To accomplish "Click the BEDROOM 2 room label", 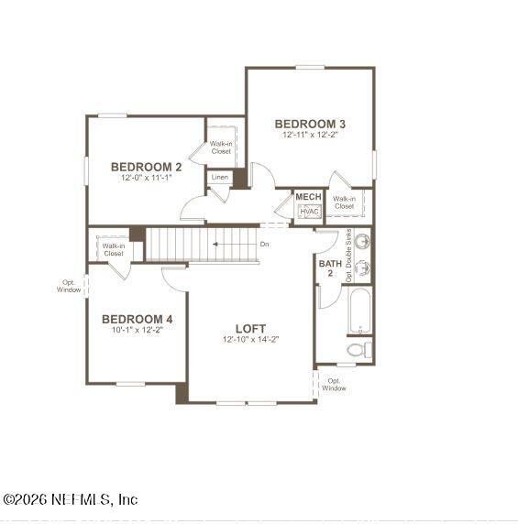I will [146, 167].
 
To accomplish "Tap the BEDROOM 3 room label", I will [310, 124].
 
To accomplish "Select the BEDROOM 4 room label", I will [136, 319].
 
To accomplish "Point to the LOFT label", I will [250, 328].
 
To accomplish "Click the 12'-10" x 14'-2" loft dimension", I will [250, 340].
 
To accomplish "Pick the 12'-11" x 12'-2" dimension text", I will [310, 135].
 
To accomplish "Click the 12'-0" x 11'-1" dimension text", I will [146, 178].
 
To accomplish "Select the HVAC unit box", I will [308, 212].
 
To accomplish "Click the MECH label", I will [308, 197].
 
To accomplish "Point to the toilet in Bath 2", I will [359, 350].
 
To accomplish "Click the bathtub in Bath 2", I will [359, 311].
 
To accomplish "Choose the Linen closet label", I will [220, 177].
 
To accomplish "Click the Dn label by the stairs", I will [264, 245].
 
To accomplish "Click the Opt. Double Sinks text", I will [349, 255].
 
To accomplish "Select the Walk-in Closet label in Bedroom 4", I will [113, 249].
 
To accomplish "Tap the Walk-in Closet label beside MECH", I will [344, 202].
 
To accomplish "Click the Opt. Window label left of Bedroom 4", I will [69, 286].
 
